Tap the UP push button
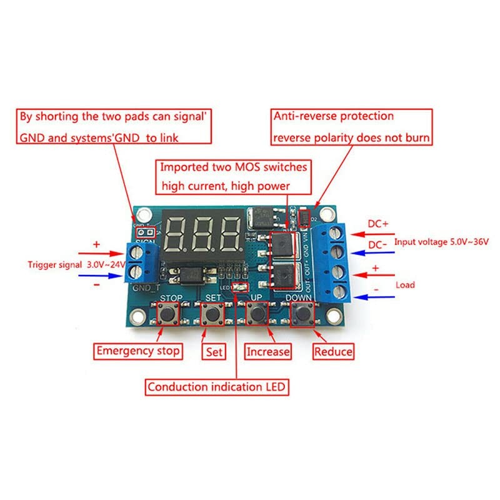(257, 312)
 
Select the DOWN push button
(302, 312)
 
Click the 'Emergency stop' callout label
(138, 351)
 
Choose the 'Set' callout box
(214, 352)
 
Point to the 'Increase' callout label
(268, 352)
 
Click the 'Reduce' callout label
(334, 352)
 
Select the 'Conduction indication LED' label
(217, 387)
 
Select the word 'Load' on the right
(405, 284)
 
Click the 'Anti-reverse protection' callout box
(351, 126)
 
